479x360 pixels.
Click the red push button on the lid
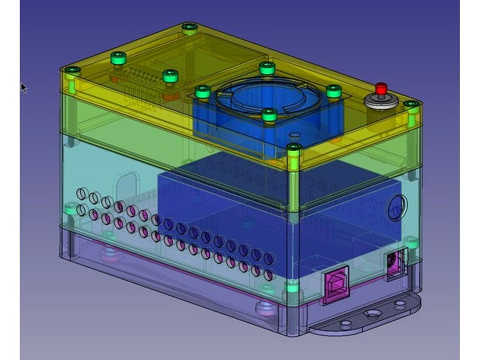click(x=381, y=88)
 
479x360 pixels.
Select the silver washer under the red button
click(x=381, y=101)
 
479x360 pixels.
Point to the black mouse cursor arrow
click(x=23, y=87)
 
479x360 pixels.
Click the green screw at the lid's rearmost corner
click(x=188, y=29)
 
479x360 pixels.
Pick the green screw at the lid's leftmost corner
click(x=72, y=71)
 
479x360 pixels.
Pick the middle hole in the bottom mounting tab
click(x=371, y=313)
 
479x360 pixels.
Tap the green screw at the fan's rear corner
click(x=266, y=67)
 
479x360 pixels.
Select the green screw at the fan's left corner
click(x=202, y=92)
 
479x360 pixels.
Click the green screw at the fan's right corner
click(x=333, y=90)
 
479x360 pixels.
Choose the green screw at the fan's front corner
click(x=268, y=115)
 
